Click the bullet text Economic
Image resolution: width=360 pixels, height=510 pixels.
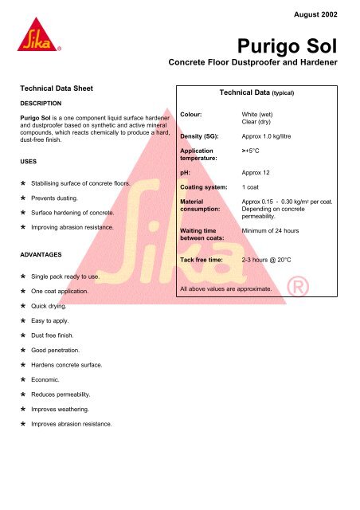pos(51,380)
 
